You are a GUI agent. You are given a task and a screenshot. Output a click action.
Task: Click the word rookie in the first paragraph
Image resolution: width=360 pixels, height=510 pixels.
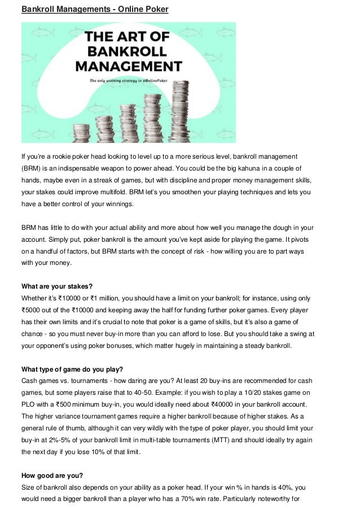(x=64, y=155)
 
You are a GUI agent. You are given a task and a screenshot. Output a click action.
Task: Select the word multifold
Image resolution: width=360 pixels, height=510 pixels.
(x=113, y=191)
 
